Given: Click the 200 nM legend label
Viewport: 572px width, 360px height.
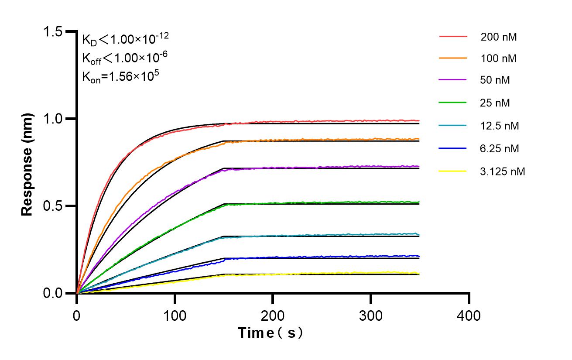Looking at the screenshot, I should click(x=499, y=37).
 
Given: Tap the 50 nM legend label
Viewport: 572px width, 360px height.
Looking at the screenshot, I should click(x=495, y=80).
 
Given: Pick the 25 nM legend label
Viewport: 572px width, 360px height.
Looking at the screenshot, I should click(x=495, y=103).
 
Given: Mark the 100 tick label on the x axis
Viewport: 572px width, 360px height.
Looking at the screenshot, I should click(x=175, y=315).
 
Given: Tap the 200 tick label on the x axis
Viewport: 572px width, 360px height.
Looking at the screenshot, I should click(x=273, y=315).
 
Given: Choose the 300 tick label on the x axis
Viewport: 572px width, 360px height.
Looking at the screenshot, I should click(x=371, y=315).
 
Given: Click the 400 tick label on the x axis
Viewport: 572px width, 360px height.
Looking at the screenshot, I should click(x=469, y=315).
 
